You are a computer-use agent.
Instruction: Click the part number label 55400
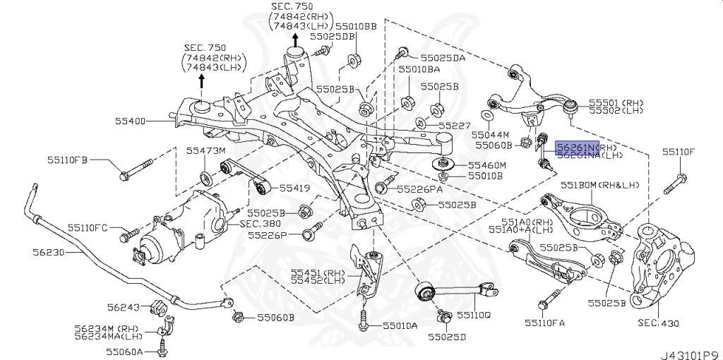point(131,121)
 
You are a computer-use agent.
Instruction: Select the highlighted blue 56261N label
point(577,147)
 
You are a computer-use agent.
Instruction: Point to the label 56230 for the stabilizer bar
point(49,251)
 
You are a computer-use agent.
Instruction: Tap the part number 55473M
point(205,151)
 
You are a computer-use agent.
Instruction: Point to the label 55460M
point(486,165)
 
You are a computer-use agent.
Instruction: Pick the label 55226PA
point(419,189)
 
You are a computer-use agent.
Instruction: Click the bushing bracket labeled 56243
point(157,308)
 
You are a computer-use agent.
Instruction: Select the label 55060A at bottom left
point(124,351)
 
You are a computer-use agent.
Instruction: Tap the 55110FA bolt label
point(544,323)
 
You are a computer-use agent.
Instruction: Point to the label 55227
point(454,126)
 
